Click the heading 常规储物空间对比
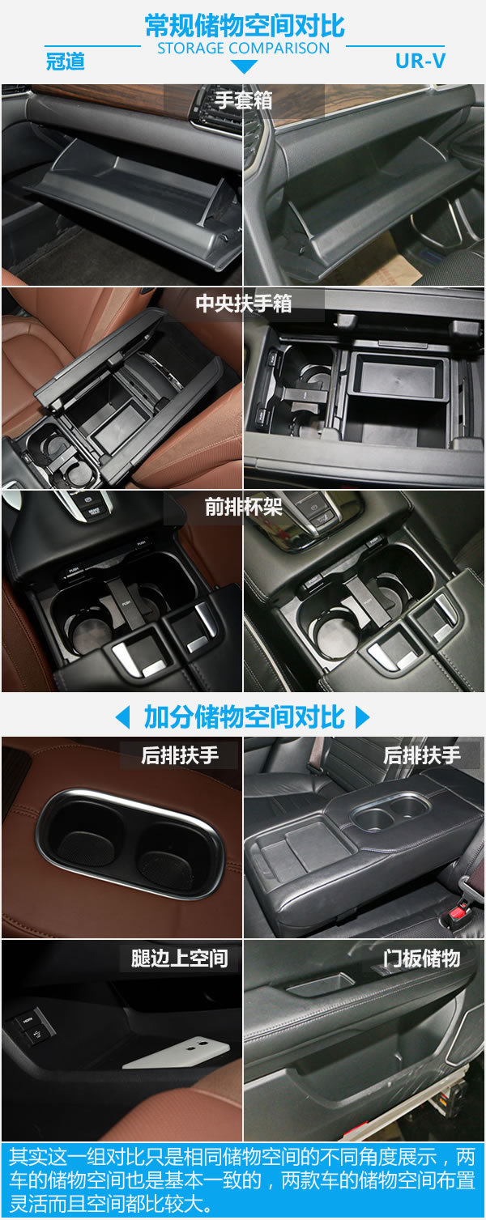click(x=244, y=26)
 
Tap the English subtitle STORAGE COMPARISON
click(x=244, y=49)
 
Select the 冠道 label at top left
click(x=66, y=61)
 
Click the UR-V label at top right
click(x=420, y=61)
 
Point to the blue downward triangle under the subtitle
click(x=244, y=66)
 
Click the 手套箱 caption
click(x=243, y=100)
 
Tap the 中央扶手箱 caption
click(x=244, y=304)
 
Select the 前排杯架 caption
click(x=243, y=507)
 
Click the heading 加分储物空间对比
click(x=244, y=717)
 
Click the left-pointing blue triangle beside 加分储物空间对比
click(x=123, y=717)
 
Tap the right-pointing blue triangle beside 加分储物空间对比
click(x=363, y=717)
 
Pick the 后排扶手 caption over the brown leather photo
click(x=180, y=755)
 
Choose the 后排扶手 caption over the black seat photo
click(x=422, y=755)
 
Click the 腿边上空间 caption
click(x=179, y=959)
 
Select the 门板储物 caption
click(x=422, y=959)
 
